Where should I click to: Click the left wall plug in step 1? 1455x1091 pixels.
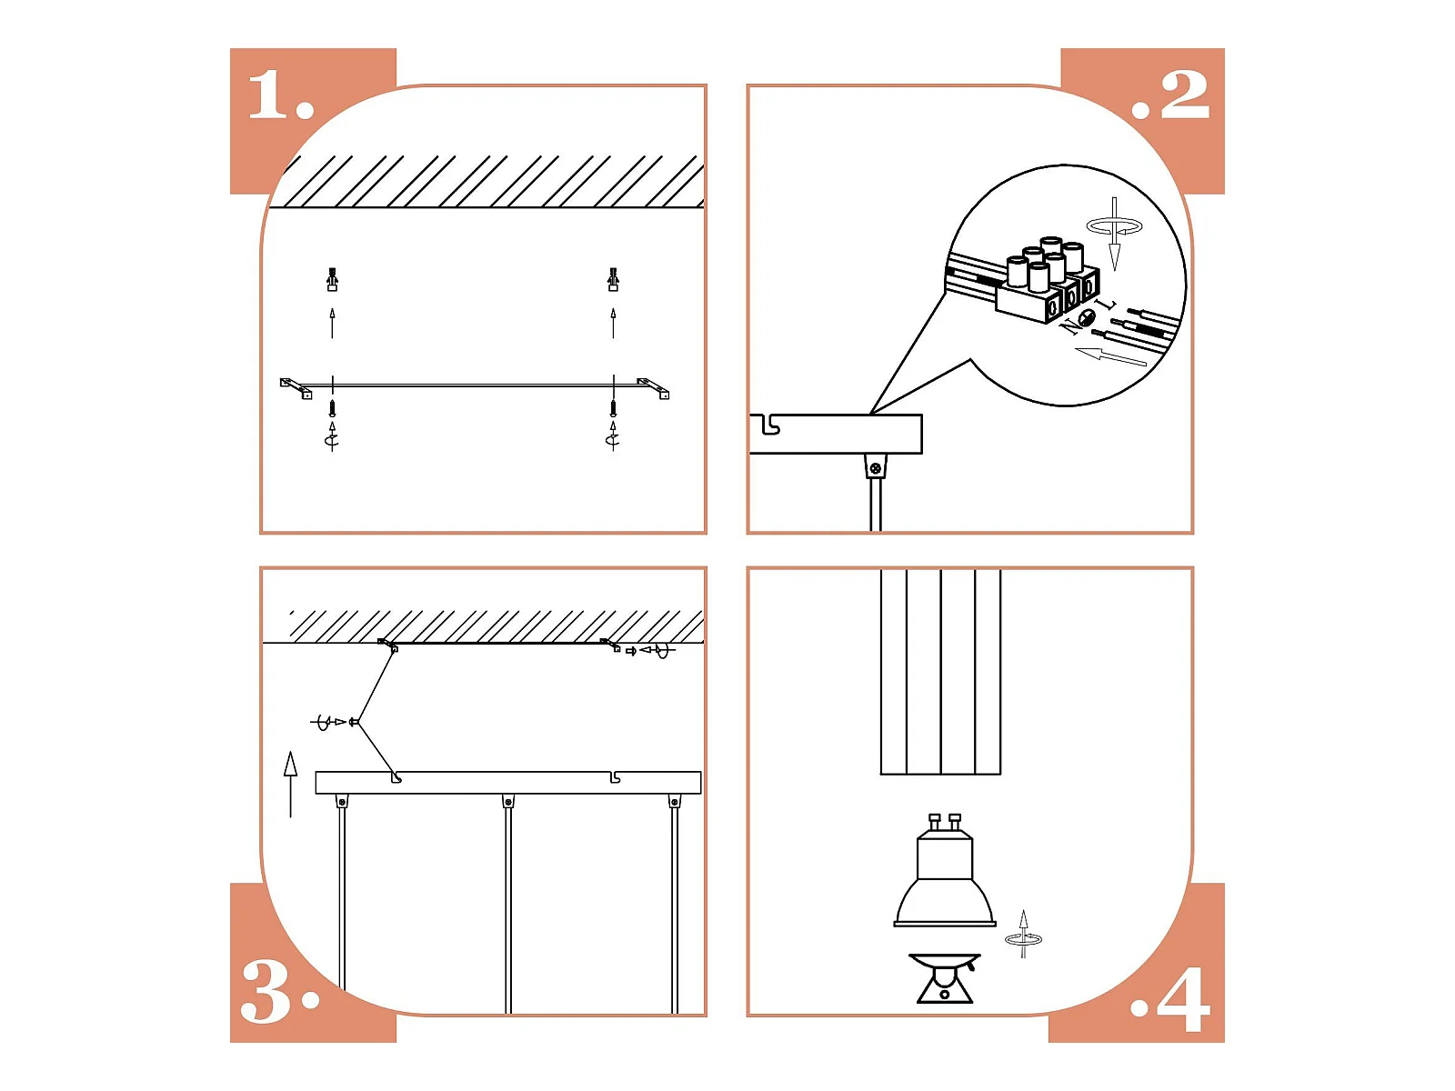pyautogui.click(x=332, y=279)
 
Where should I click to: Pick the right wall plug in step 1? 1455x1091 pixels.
pyautogui.click(x=613, y=279)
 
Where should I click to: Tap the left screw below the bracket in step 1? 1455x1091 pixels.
pyautogui.click(x=332, y=407)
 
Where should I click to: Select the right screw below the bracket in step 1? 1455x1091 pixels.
pyautogui.click(x=613, y=407)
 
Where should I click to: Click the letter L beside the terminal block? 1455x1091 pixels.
pyautogui.click(x=1107, y=305)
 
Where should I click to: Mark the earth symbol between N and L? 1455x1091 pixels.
pyautogui.click(x=1087, y=316)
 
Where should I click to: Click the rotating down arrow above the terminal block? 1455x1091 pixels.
pyautogui.click(x=1114, y=233)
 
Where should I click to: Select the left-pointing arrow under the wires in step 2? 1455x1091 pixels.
pyautogui.click(x=1110, y=356)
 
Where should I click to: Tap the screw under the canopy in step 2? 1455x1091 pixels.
pyautogui.click(x=875, y=468)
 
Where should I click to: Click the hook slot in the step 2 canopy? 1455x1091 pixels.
pyautogui.click(x=770, y=425)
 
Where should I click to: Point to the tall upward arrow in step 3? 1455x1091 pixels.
pyautogui.click(x=290, y=785)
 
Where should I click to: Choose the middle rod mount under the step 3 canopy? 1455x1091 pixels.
pyautogui.click(x=507, y=802)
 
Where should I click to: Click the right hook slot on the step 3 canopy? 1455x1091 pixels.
pyautogui.click(x=616, y=776)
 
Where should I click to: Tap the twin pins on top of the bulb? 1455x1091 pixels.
pyautogui.click(x=945, y=824)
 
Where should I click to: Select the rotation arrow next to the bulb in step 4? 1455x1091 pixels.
pyautogui.click(x=1023, y=934)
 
